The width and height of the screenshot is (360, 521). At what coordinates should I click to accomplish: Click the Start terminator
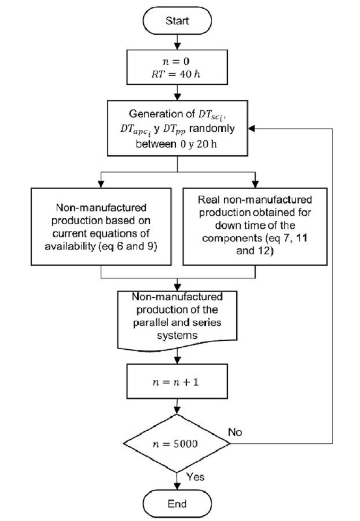(178, 21)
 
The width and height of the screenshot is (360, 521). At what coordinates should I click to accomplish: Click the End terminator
(178, 503)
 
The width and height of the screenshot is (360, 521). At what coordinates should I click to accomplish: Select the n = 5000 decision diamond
(178, 445)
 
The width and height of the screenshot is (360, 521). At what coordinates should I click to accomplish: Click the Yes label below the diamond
(194, 478)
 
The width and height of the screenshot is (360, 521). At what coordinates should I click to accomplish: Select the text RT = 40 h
(178, 72)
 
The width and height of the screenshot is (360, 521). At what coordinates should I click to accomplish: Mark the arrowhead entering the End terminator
(178, 487)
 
